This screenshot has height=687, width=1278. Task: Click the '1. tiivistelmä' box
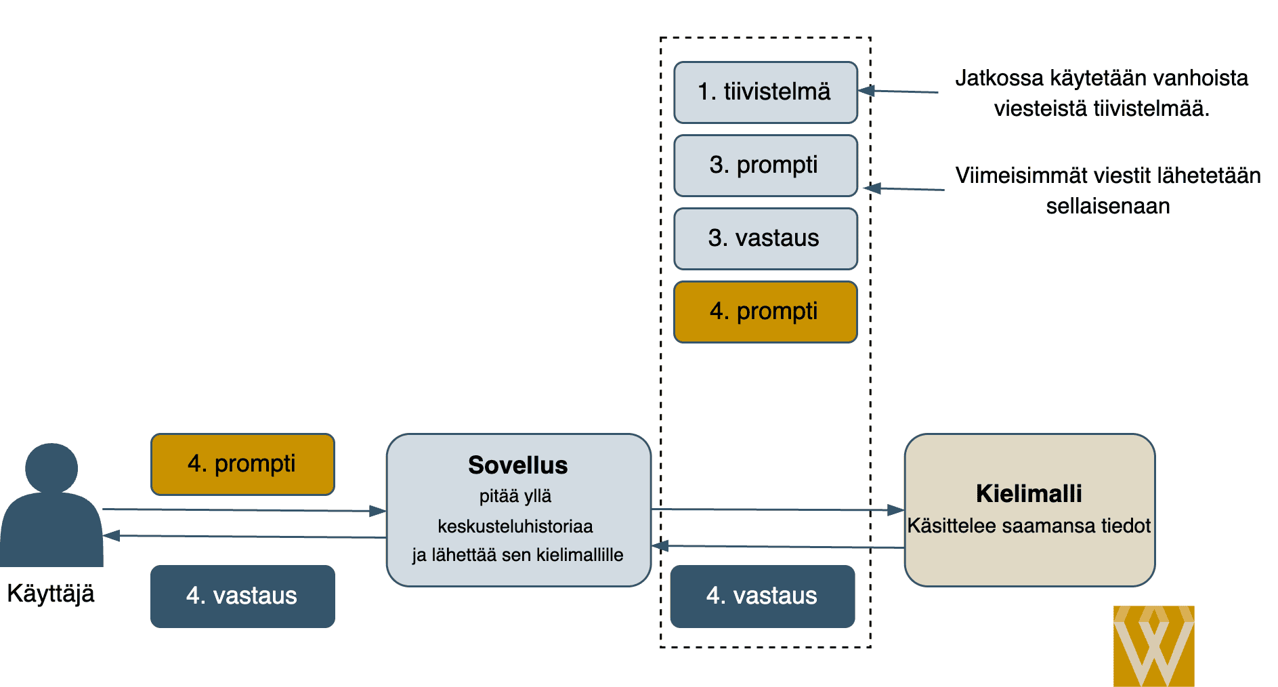(x=765, y=92)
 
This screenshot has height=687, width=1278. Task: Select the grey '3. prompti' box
(x=765, y=165)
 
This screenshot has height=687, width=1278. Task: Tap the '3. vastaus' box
(x=765, y=238)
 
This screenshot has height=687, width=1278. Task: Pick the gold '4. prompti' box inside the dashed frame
(x=765, y=312)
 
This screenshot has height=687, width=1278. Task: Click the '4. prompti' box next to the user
(x=242, y=464)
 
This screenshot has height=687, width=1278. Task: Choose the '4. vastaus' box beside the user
(x=242, y=596)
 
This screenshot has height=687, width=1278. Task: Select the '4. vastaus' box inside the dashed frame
(x=763, y=596)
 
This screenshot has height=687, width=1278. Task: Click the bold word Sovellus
(x=518, y=465)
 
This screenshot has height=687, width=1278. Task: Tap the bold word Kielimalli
(x=1029, y=494)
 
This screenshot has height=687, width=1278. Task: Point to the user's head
(x=51, y=467)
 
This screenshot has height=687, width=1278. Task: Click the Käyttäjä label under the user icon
(x=51, y=594)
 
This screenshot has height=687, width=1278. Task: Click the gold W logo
(x=1153, y=646)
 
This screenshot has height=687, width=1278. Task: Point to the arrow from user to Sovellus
(x=244, y=510)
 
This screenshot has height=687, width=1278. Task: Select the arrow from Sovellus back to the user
(x=244, y=536)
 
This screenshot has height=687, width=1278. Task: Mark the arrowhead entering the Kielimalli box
(x=896, y=509)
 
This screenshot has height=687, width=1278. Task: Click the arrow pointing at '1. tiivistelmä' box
(x=898, y=91)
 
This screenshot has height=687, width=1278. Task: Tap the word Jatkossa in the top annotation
(x=999, y=78)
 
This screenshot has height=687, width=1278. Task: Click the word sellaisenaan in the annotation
(x=1108, y=206)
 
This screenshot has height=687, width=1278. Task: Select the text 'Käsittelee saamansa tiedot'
(x=1029, y=526)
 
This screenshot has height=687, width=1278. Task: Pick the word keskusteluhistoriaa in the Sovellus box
(x=515, y=526)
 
